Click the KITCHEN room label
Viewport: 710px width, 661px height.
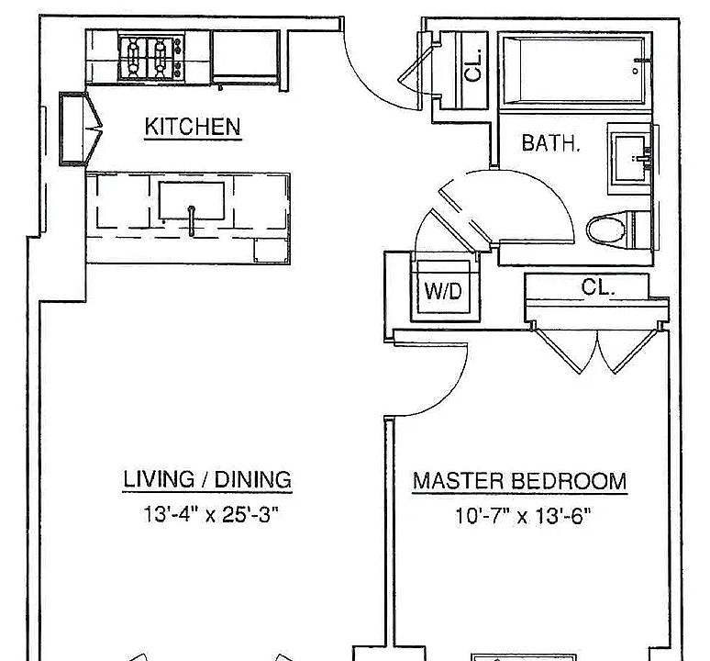point(193,127)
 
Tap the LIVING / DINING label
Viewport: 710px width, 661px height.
point(207,480)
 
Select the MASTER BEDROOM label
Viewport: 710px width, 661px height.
point(519,481)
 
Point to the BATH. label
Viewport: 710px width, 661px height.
point(550,142)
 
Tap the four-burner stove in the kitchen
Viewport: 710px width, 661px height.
point(151,58)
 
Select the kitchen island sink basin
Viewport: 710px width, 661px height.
point(192,201)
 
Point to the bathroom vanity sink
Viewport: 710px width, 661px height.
point(630,158)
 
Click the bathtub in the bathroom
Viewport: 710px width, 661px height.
point(575,71)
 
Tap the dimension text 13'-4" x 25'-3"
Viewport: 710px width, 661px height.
point(211,515)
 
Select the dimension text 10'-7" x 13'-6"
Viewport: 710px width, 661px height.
point(523,516)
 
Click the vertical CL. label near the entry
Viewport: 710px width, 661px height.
point(473,66)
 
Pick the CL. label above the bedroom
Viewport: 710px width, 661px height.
point(598,286)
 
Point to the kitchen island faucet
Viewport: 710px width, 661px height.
point(192,220)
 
